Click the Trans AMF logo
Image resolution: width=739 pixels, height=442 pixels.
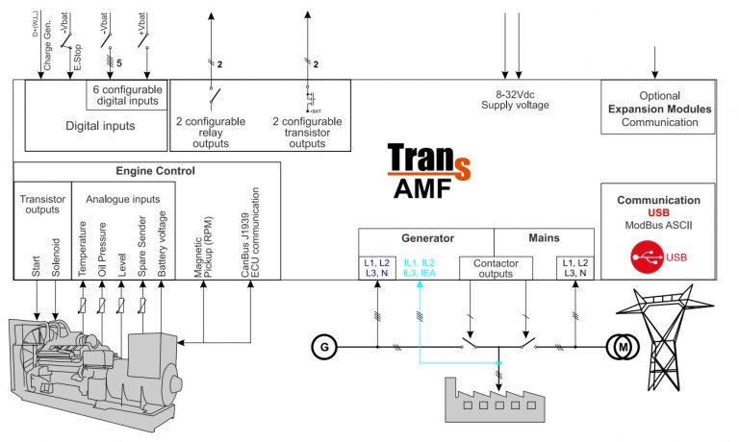click(x=428, y=171)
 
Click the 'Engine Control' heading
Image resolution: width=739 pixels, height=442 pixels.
click(x=155, y=171)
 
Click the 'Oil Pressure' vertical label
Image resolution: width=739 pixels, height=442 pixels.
click(x=101, y=249)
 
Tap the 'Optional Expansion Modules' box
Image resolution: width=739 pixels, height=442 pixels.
click(x=658, y=109)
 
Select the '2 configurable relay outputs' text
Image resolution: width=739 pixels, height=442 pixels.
click(x=211, y=133)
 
